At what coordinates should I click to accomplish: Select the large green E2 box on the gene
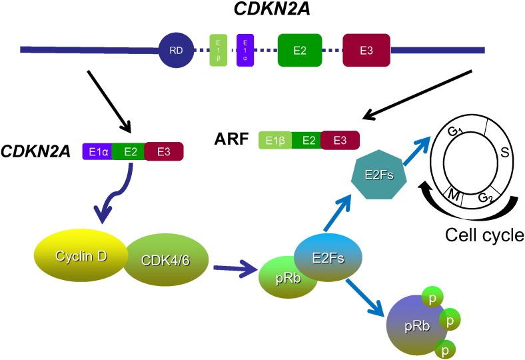(x=300, y=50)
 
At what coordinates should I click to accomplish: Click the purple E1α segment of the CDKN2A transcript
(x=97, y=151)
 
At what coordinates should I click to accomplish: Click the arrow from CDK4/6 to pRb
(x=235, y=269)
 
